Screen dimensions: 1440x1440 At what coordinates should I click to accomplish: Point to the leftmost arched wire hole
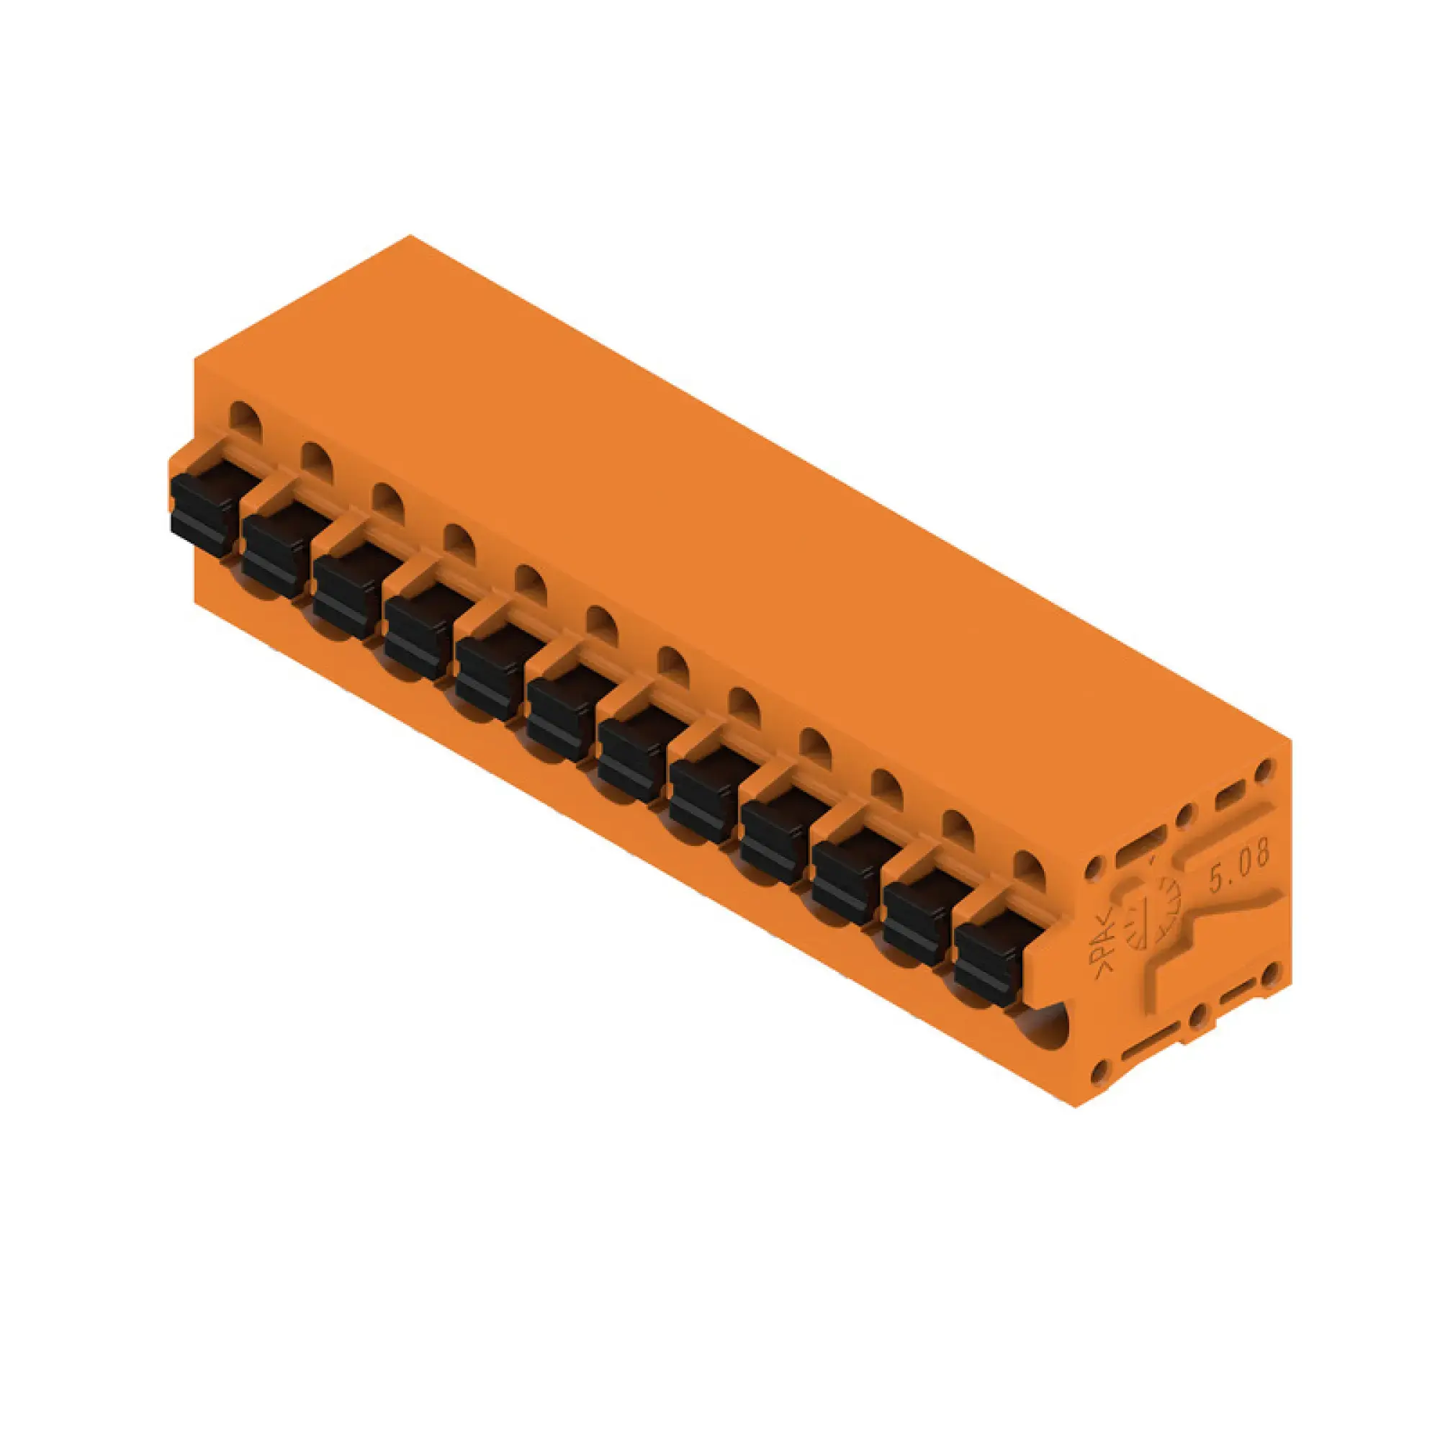pyautogui.click(x=246, y=418)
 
